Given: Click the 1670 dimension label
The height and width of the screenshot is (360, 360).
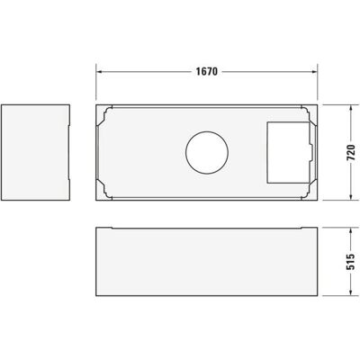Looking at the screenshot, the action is point(207,71).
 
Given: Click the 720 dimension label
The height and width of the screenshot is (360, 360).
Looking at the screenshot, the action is point(351,153).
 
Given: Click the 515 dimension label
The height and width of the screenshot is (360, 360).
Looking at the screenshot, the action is point(351,262).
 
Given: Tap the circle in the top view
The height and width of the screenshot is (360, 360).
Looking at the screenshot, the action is point(207,131).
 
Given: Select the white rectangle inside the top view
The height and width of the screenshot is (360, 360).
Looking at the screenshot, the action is point(289,152).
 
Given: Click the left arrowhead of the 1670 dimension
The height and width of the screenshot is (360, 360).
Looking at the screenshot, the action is point(99,72).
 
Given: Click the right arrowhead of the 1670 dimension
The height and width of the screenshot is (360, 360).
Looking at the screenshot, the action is point(314,72).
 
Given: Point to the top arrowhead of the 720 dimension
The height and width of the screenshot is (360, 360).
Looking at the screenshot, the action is point(351,109).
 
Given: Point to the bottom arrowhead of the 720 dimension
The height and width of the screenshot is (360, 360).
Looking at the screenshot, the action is point(351,196).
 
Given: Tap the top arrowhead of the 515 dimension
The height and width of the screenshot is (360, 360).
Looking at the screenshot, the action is point(351,231).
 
